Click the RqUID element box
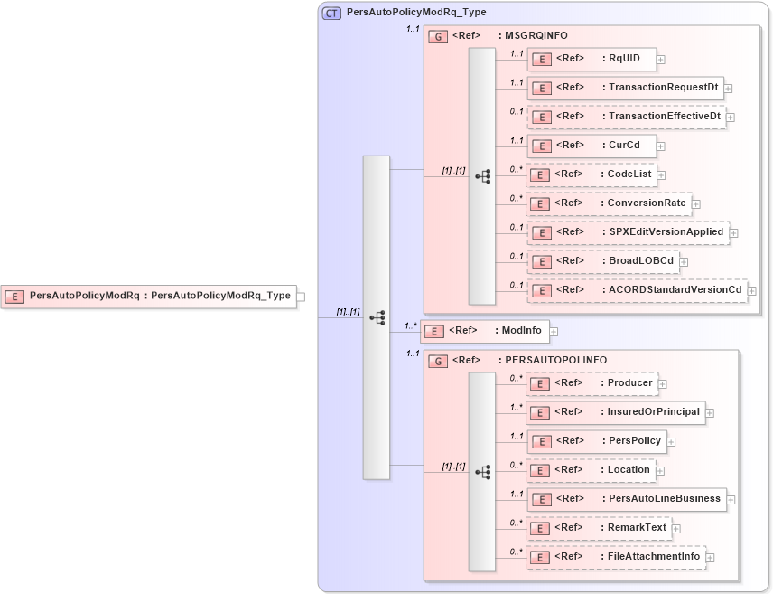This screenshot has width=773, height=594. point(591,59)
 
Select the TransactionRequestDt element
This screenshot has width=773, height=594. point(625,88)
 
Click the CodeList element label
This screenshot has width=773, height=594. point(629,174)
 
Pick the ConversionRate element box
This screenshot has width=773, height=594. point(609,203)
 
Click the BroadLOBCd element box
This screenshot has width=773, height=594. point(602,261)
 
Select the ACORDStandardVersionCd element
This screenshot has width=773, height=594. point(637,290)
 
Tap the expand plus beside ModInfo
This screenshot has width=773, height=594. point(554,332)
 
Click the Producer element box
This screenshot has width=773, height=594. point(591,383)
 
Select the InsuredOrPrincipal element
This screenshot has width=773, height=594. point(616,412)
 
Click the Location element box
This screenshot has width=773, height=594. point(591,470)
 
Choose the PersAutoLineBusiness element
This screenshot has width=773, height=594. point(627,498)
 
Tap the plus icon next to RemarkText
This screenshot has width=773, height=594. point(675,528)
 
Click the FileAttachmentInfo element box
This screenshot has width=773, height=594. point(616,557)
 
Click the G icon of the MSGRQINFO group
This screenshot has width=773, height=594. point(438,36)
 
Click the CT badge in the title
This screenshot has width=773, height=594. point(331,13)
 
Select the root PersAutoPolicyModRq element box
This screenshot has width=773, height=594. point(149,296)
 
